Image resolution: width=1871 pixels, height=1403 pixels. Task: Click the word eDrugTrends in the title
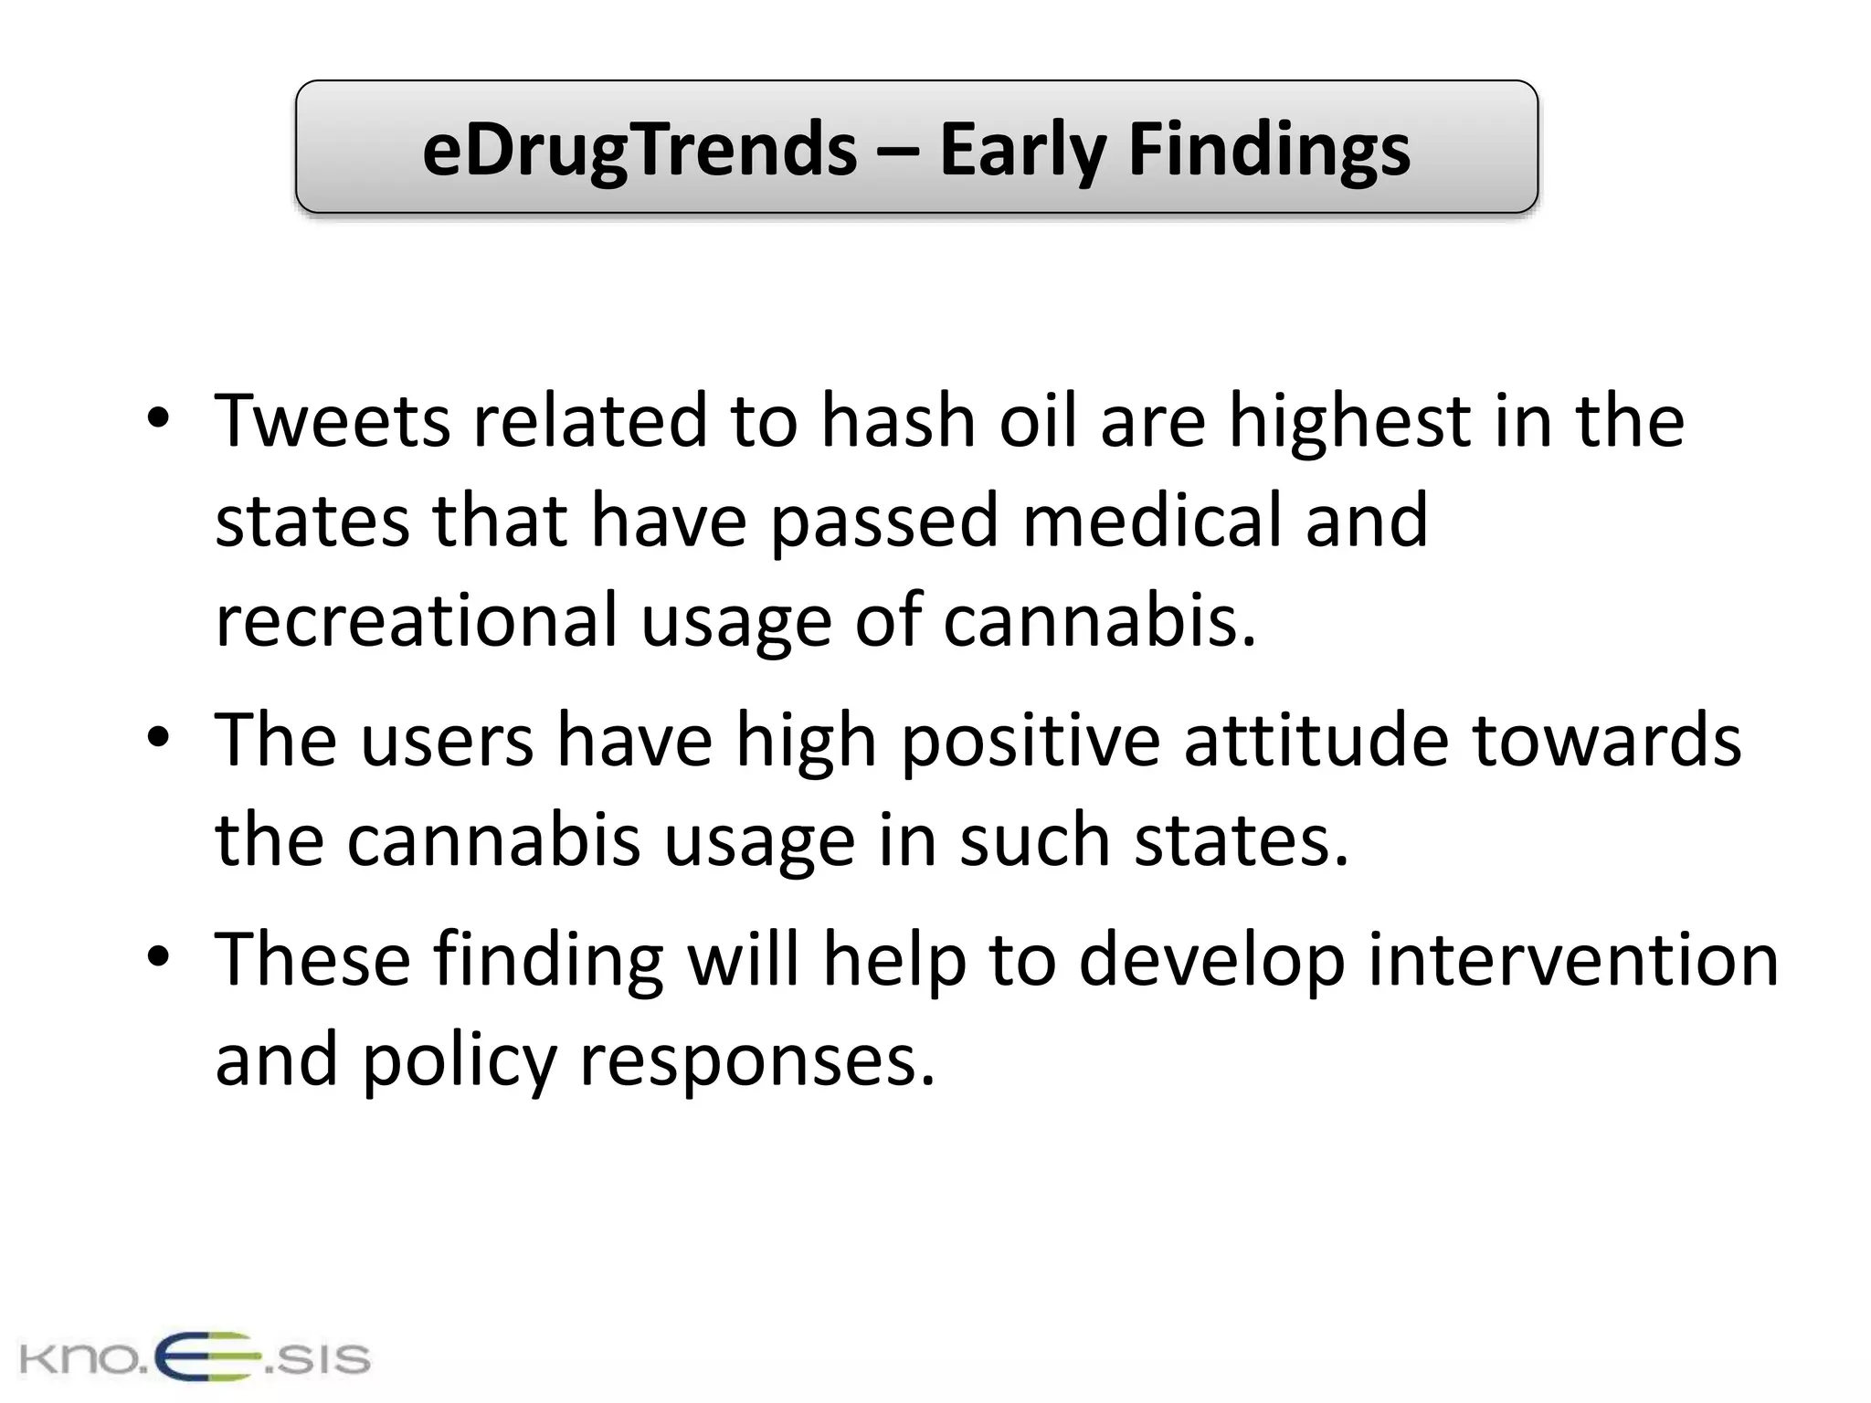639,150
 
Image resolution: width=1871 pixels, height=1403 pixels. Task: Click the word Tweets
333,421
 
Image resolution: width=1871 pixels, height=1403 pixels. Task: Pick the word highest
1348,421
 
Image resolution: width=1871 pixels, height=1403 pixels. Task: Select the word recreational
417,620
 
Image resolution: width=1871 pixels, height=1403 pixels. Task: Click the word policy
460,1060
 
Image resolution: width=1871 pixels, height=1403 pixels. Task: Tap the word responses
757,1060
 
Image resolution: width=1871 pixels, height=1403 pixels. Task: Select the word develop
1212,960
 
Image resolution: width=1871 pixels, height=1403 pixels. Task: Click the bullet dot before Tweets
158,419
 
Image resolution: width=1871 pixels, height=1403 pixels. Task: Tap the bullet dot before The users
158,738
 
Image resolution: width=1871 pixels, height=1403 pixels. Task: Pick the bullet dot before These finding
158,958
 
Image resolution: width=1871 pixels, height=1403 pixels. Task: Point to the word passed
883,521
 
